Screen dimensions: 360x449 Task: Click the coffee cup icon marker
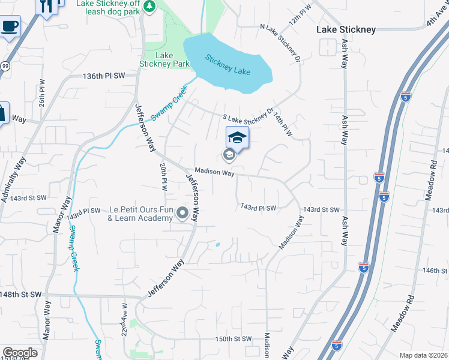coord(9,27)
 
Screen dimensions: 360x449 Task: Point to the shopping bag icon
coord(3,112)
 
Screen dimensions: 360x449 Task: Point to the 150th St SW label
coord(233,339)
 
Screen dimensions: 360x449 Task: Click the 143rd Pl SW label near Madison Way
coord(258,208)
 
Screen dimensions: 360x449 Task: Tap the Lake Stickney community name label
coord(346,29)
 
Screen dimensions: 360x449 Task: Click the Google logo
coord(20,353)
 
